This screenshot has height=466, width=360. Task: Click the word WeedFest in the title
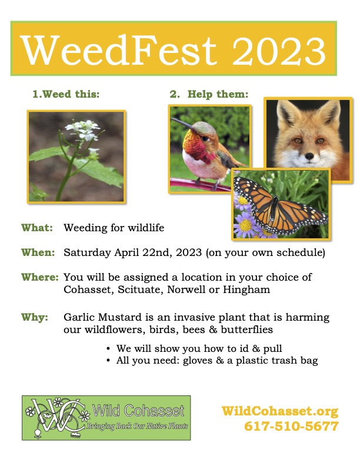tap(119, 50)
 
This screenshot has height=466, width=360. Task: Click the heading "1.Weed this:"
tap(66, 94)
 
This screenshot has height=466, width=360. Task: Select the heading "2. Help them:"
tap(209, 94)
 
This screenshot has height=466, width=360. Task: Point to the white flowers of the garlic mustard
tap(83, 130)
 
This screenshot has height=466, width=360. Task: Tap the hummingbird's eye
tap(205, 138)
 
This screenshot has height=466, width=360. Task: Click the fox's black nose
tap(309, 156)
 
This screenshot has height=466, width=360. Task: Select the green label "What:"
tap(37, 228)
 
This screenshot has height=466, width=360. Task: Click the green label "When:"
tap(38, 252)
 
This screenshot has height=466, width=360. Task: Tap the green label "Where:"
tap(40, 277)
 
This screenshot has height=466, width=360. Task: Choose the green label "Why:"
tap(35, 317)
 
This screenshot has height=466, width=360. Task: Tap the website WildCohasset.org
tap(280, 411)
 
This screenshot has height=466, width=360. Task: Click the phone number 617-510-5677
tap(291, 426)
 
